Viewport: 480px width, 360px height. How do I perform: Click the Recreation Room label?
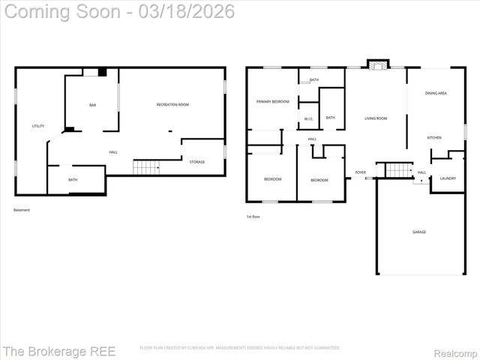pyautogui.click(x=172, y=104)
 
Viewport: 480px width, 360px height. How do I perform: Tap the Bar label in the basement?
pyautogui.click(x=93, y=105)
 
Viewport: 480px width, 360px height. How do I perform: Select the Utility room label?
pyautogui.click(x=37, y=126)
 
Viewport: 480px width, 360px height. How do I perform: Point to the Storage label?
pyautogui.click(x=197, y=162)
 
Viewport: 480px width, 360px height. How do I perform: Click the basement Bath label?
pyautogui.click(x=73, y=180)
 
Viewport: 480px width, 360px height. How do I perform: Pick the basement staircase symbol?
pyautogui.click(x=147, y=167)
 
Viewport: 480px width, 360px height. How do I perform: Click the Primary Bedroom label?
pyautogui.click(x=272, y=101)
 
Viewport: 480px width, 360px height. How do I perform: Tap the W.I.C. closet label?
pyautogui.click(x=309, y=119)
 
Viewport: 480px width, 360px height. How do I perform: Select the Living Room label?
pyautogui.click(x=376, y=118)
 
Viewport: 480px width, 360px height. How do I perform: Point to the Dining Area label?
pyautogui.click(x=436, y=93)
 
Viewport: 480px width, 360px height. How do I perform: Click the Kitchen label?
pyautogui.click(x=434, y=137)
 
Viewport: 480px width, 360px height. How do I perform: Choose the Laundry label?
pyautogui.click(x=448, y=178)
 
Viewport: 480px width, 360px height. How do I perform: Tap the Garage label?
pyautogui.click(x=419, y=232)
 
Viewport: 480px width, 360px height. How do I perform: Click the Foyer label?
pyautogui.click(x=361, y=172)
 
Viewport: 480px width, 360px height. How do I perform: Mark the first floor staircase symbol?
pyautogui.click(x=399, y=170)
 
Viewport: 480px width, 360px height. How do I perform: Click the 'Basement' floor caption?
pyautogui.click(x=22, y=210)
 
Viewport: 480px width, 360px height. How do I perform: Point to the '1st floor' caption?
pyautogui.click(x=253, y=217)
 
